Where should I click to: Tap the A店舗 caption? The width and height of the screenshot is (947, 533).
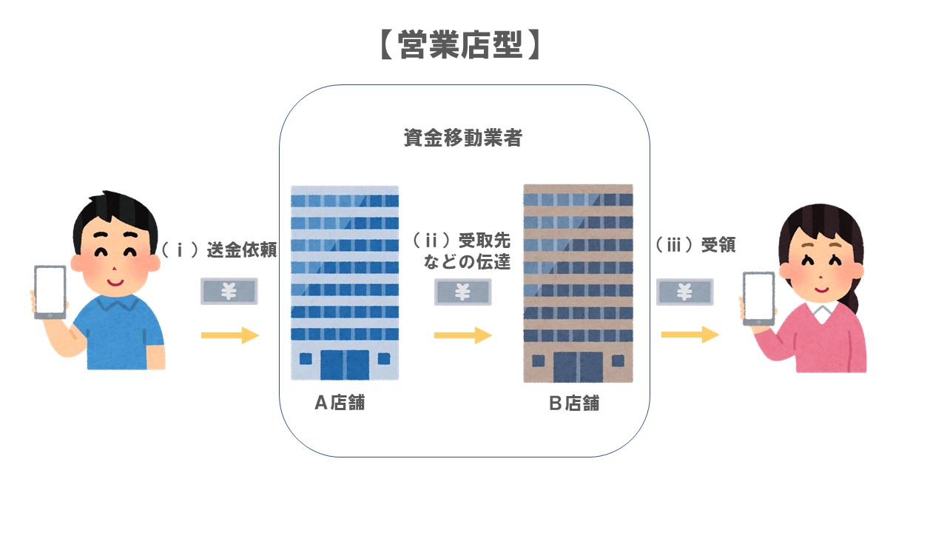[x=340, y=403]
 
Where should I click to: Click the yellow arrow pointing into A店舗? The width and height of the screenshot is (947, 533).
[x=230, y=336]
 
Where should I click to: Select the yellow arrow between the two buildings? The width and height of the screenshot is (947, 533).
[x=463, y=336]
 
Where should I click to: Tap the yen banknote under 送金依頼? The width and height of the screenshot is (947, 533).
[x=229, y=292]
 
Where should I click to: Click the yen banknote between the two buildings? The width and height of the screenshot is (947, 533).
[x=463, y=292]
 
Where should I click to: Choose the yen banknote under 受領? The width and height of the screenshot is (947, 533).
[x=685, y=292]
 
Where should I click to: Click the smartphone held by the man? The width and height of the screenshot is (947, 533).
[x=50, y=292]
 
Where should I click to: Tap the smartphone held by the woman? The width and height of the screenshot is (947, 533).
[x=758, y=298]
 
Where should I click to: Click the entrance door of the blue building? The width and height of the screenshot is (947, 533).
[x=345, y=364]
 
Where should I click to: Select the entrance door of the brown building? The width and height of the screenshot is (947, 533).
[x=579, y=366]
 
